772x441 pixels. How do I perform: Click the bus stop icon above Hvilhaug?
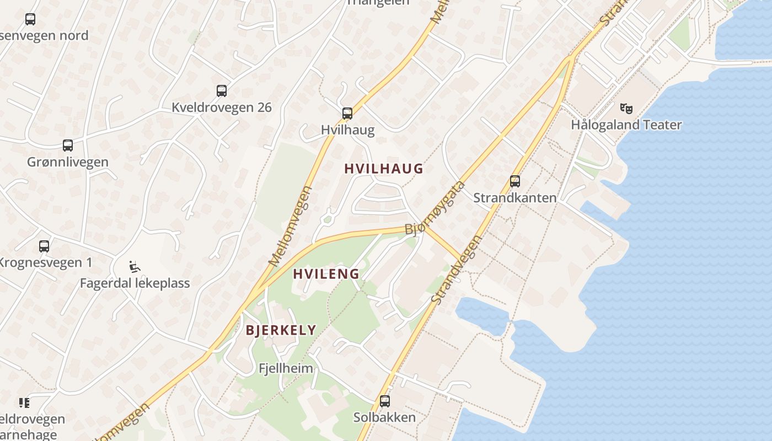[347, 114]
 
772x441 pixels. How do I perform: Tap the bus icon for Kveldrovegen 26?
[222, 91]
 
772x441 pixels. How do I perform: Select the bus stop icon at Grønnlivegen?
[68, 146]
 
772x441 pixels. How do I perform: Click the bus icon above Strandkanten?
[514, 181]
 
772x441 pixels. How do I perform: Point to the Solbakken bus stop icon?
[385, 401]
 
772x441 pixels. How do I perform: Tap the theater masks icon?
[626, 108]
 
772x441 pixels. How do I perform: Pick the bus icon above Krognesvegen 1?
[44, 246]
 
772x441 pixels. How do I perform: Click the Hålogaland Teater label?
[626, 125]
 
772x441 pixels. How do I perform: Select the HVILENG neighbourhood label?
[326, 274]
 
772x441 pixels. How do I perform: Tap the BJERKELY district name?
[281, 330]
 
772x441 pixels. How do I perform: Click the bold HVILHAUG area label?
[384, 169]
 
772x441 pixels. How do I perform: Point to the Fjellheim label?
[286, 368]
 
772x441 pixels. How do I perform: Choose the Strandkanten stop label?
[514, 197]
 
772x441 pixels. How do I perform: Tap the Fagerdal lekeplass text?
[135, 283]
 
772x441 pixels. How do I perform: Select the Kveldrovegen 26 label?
[222, 107]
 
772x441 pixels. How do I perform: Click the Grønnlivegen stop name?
[68, 162]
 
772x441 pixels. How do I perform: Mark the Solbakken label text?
[384, 417]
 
